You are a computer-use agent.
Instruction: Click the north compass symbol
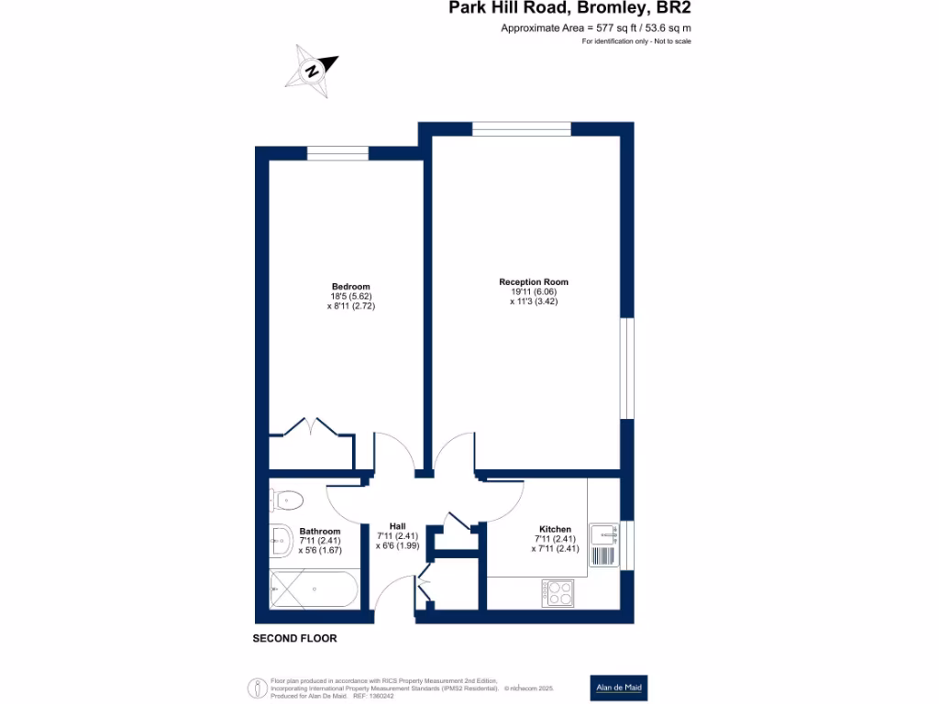[x=312, y=71]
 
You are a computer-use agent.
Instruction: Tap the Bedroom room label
[x=351, y=286]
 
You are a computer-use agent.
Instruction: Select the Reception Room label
[x=534, y=281]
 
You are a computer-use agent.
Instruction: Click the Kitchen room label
[x=555, y=529]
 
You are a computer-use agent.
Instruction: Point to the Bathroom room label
[x=319, y=532]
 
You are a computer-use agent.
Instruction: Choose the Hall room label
[x=397, y=525]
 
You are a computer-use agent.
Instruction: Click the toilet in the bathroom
[x=287, y=500]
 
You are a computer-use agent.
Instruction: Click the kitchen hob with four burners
[x=558, y=593]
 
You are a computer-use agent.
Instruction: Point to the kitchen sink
[x=603, y=544]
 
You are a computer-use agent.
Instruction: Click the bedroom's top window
[x=337, y=153]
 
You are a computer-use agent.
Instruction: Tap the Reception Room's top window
[x=521, y=128]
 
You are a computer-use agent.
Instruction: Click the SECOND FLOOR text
[x=295, y=638]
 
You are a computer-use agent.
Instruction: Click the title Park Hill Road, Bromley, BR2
[x=569, y=9]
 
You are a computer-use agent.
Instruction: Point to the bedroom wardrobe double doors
[x=311, y=429]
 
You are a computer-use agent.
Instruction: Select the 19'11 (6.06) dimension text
[x=534, y=291]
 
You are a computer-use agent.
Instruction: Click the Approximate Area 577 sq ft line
[x=595, y=28]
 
